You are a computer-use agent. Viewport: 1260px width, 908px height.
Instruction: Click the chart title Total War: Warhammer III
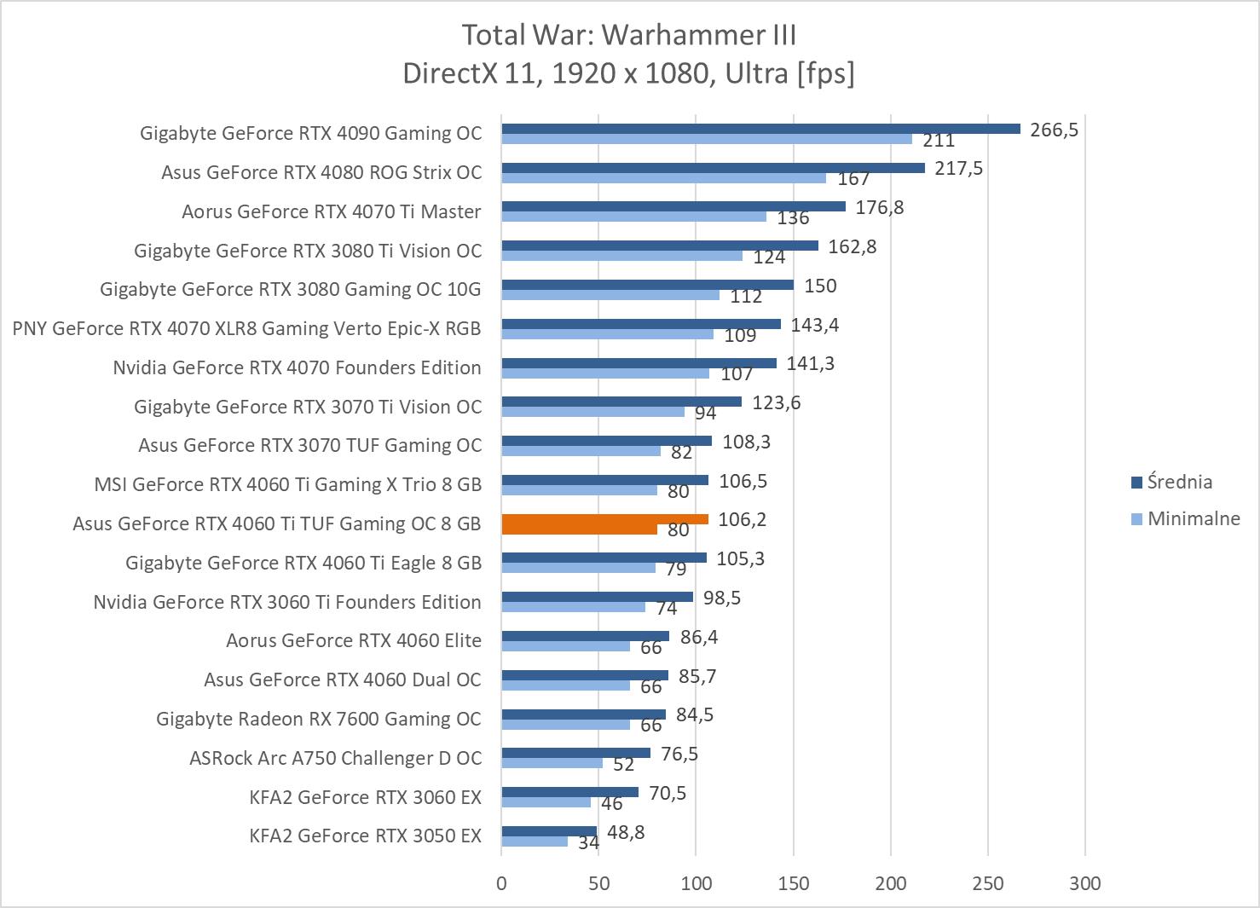[x=628, y=35]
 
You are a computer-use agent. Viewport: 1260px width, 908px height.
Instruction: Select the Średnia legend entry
[x=1178, y=482]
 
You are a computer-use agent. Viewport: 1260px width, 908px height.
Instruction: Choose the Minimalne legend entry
[x=1193, y=518]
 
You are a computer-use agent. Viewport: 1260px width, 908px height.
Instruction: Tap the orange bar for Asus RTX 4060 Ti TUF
[x=604, y=519]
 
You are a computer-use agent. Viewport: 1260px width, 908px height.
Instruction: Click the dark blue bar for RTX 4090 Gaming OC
[x=760, y=129]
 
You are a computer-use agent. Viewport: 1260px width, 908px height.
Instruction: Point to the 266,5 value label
[x=1054, y=130]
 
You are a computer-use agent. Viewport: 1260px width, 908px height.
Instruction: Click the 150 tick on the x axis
[x=794, y=883]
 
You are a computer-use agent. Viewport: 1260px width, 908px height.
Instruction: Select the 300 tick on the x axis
[x=1085, y=883]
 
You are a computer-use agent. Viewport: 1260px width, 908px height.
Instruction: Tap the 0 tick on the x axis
[x=501, y=883]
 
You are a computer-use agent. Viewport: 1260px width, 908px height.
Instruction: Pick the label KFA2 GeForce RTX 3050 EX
[x=365, y=836]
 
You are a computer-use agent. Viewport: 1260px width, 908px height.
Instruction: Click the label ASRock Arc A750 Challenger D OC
[x=335, y=758]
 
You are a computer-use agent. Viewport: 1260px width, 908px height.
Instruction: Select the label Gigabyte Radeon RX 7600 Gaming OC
[x=318, y=719]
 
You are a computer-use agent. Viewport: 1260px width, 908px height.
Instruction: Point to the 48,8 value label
[x=625, y=832]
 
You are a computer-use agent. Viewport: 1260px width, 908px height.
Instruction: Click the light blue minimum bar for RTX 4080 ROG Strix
[x=663, y=178]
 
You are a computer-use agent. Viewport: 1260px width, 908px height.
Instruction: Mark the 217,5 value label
[x=958, y=168]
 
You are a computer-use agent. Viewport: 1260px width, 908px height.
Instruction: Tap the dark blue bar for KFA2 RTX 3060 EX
[x=569, y=792]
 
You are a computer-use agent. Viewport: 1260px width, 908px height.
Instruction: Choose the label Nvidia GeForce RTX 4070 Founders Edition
[x=297, y=367]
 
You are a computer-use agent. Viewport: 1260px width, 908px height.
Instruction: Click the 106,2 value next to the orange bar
[x=742, y=519]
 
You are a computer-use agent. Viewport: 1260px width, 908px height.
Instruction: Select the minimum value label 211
[x=938, y=141]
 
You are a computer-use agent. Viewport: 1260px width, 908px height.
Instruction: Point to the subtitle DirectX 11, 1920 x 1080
[x=628, y=73]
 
